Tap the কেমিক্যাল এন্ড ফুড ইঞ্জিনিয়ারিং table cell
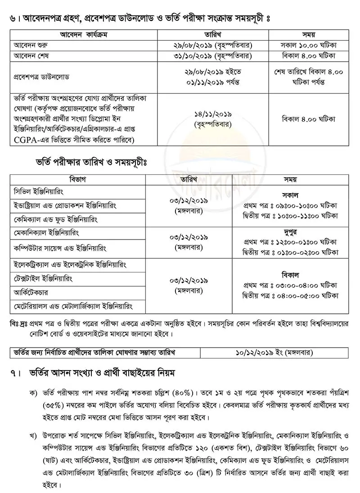[x=56, y=219]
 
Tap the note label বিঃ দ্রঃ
[x=20, y=324]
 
